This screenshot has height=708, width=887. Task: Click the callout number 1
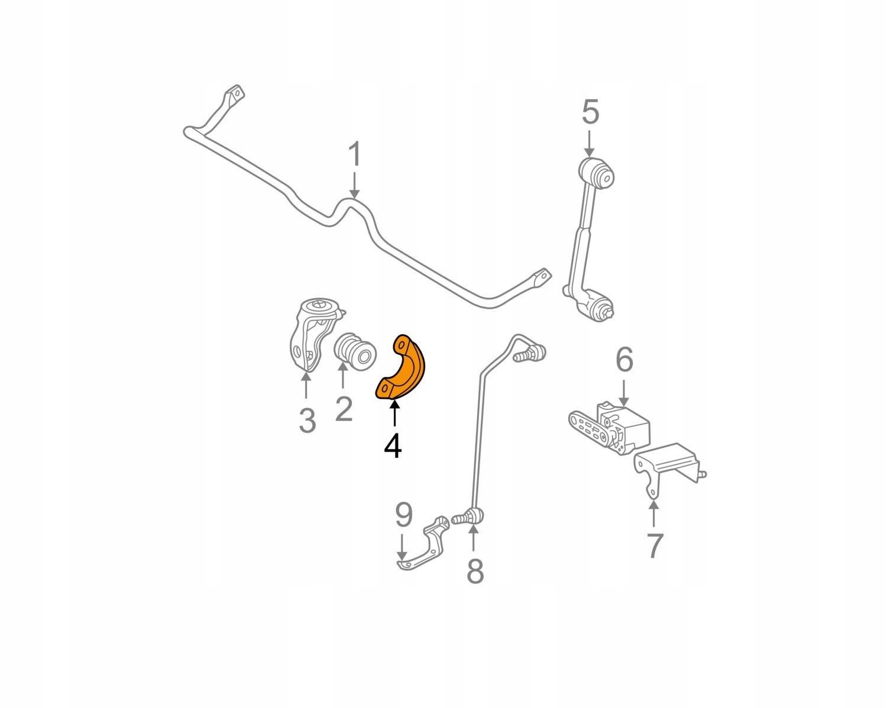(354, 155)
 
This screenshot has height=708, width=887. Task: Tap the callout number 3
(306, 421)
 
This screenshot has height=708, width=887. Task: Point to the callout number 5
(590, 112)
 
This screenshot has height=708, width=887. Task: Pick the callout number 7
(653, 545)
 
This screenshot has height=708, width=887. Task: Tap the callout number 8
(474, 571)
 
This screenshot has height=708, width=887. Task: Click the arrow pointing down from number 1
(354, 185)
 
